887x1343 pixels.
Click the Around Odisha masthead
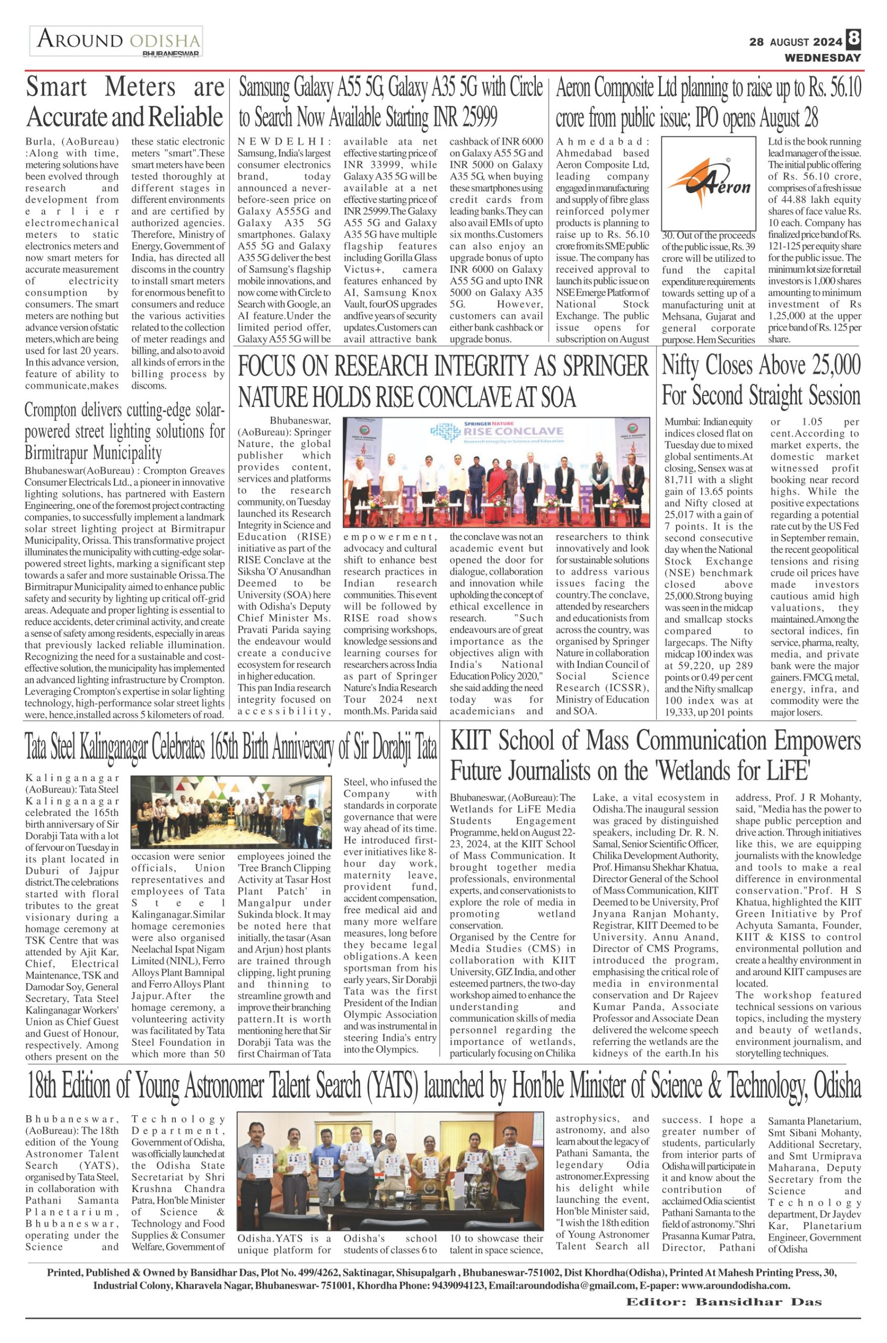click(x=116, y=41)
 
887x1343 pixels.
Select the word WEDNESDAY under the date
click(x=822, y=58)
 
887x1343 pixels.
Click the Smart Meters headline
click(x=125, y=102)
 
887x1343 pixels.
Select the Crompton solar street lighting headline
click(x=124, y=433)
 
